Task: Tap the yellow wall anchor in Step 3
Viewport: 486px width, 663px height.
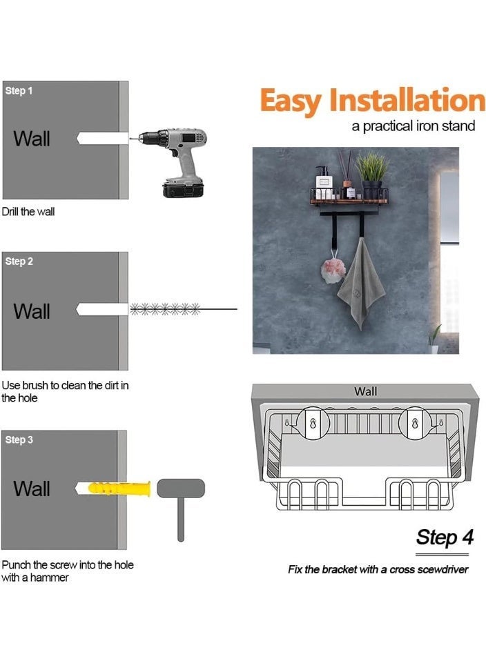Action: tap(119, 488)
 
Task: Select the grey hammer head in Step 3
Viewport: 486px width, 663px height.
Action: tap(181, 488)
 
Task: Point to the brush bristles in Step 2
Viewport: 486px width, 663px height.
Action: tap(165, 309)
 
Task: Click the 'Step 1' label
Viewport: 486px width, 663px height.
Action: tap(19, 90)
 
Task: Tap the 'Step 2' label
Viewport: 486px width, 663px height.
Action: tap(19, 261)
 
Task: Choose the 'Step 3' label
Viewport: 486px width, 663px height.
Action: tap(19, 439)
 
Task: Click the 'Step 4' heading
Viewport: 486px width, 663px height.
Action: tap(445, 537)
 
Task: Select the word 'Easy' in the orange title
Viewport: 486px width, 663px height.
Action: tap(291, 101)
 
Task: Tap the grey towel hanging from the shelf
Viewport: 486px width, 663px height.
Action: tap(361, 284)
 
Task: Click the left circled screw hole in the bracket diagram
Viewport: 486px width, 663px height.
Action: tap(313, 423)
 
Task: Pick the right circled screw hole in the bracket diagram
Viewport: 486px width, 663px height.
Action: tap(415, 423)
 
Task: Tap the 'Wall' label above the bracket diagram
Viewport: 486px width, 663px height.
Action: tap(365, 391)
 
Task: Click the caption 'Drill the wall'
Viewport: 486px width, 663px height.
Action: tap(28, 211)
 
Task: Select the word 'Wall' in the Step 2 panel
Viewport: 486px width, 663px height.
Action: tap(32, 311)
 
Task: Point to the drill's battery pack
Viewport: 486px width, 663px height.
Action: tap(184, 190)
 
